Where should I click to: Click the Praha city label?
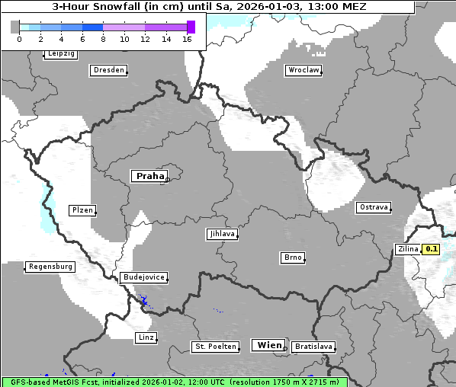149,176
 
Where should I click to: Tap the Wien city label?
269,345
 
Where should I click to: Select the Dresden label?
108,70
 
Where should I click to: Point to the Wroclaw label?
303,70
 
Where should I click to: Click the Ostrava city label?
374,207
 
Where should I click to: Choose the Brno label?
293,257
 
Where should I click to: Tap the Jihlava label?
222,234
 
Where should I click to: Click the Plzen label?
82,210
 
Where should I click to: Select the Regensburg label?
50,267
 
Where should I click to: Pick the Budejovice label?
143,277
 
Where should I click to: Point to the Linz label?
146,337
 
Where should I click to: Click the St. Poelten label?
212,347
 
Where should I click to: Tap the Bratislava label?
313,347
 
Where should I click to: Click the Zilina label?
408,248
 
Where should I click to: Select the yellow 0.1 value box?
432,248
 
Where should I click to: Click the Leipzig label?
61,53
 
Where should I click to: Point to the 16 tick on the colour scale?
187,39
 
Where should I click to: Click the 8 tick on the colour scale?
103,39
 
